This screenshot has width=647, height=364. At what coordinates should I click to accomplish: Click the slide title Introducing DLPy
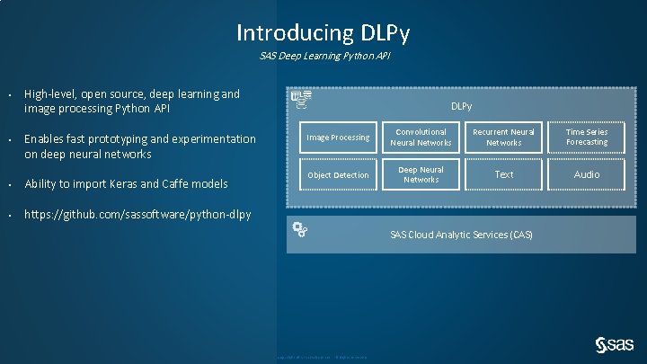pyautogui.click(x=323, y=33)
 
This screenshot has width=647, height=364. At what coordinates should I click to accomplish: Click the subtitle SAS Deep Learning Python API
pyautogui.click(x=323, y=57)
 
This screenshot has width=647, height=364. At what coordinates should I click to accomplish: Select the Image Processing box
pyautogui.click(x=338, y=138)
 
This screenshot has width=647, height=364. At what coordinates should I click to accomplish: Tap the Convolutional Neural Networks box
pyautogui.click(x=421, y=138)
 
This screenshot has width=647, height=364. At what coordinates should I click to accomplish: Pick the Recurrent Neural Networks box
pyautogui.click(x=503, y=138)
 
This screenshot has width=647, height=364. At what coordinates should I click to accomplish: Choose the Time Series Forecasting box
pyautogui.click(x=587, y=138)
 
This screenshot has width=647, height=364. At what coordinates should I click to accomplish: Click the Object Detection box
pyautogui.click(x=338, y=175)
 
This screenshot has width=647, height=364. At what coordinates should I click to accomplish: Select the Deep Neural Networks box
pyautogui.click(x=421, y=175)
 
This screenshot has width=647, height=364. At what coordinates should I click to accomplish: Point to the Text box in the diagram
pyautogui.click(x=503, y=175)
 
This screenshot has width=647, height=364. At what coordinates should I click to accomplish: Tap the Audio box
pyautogui.click(x=587, y=175)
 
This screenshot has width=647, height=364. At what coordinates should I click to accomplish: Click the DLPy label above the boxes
pyautogui.click(x=461, y=107)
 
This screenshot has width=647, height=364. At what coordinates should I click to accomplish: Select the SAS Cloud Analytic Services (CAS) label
pyautogui.click(x=461, y=235)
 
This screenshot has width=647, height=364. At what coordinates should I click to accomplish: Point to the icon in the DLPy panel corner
pyautogui.click(x=302, y=99)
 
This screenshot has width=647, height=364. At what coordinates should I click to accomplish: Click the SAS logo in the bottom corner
pyautogui.click(x=615, y=344)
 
